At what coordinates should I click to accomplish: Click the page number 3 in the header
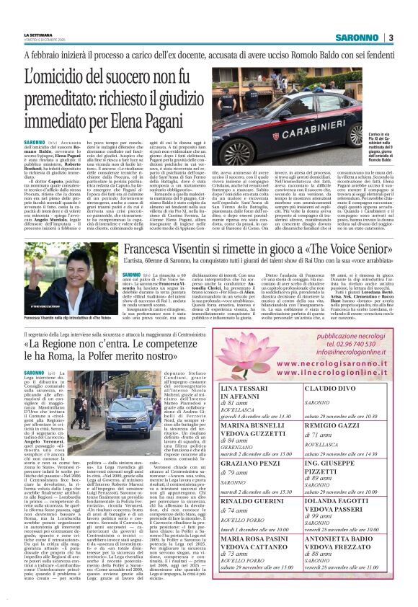point(391,37)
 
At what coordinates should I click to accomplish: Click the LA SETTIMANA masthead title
point(39,35)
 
